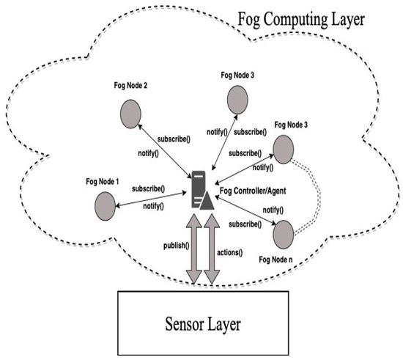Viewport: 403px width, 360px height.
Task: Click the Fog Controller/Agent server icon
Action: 202,188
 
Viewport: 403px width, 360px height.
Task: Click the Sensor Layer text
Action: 203,323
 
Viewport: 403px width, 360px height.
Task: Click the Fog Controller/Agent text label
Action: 254,192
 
